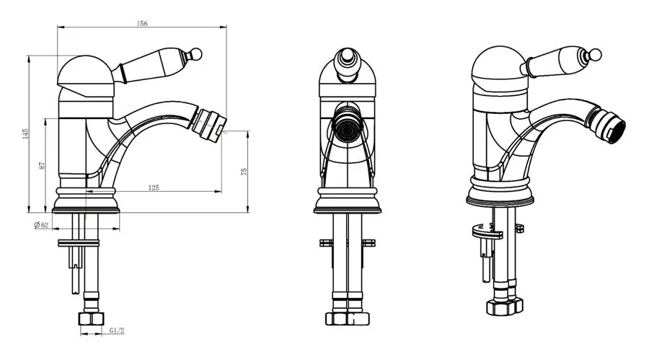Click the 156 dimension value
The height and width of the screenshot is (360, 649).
tap(142, 24)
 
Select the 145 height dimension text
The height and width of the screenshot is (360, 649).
tap(26, 133)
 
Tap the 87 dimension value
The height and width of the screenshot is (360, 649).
tap(42, 166)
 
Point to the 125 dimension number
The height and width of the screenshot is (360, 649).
tap(153, 188)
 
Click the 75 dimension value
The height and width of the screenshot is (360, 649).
tap(244, 171)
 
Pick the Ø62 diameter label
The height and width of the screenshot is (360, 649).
tap(41, 225)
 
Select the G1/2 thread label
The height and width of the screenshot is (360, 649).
tap(117, 330)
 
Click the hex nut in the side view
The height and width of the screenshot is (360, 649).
tap(91, 319)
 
